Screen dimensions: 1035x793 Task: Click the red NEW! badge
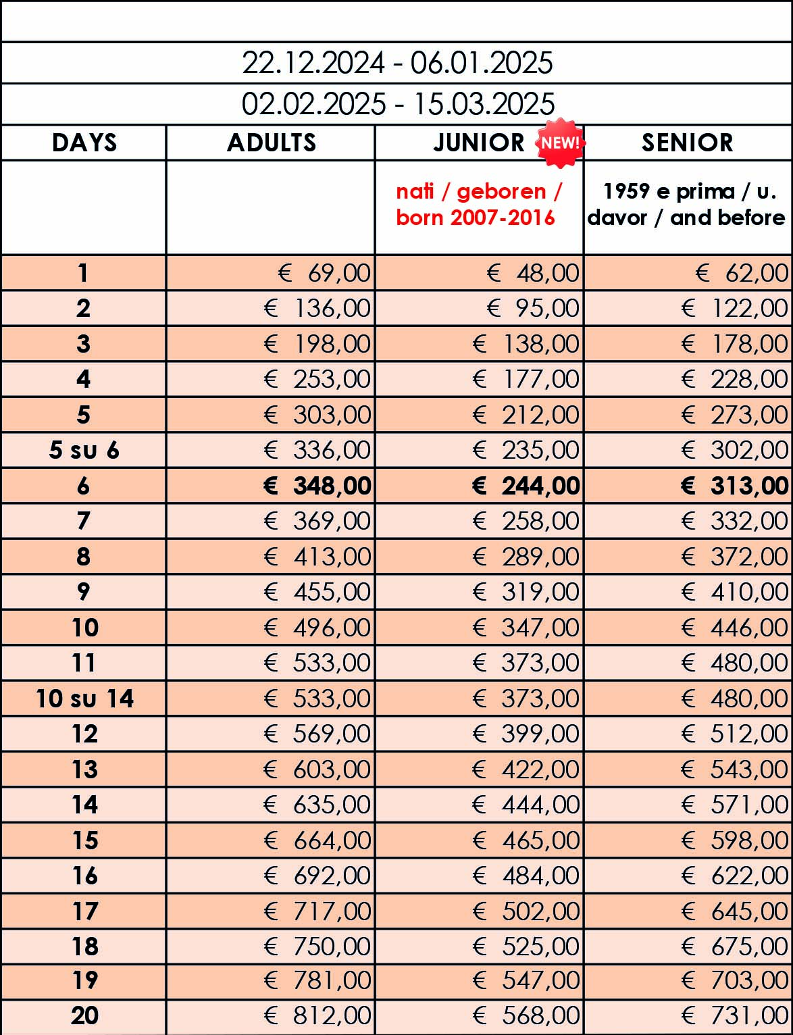click(x=560, y=143)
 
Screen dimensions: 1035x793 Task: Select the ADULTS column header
click(x=272, y=143)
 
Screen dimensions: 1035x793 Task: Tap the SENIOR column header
click(x=687, y=143)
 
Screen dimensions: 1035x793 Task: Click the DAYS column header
click(x=84, y=143)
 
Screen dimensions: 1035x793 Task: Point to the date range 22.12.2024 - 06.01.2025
click(x=397, y=63)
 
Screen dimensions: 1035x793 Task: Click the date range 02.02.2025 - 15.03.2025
click(x=398, y=104)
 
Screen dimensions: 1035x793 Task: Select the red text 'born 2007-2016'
click(x=476, y=218)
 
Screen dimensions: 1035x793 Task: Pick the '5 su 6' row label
click(x=84, y=450)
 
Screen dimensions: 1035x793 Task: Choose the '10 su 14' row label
click(x=84, y=699)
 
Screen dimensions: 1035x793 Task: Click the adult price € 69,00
click(x=325, y=273)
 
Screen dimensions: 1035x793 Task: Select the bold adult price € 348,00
click(x=317, y=486)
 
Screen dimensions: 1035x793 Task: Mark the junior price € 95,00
click(x=534, y=309)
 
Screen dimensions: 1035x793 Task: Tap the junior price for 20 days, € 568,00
click(x=527, y=1015)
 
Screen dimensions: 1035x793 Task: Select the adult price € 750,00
click(x=318, y=946)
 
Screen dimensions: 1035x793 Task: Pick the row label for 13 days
click(x=84, y=769)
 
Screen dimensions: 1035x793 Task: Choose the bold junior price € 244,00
click(x=526, y=486)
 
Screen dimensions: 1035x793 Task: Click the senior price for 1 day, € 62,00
click(x=742, y=273)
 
